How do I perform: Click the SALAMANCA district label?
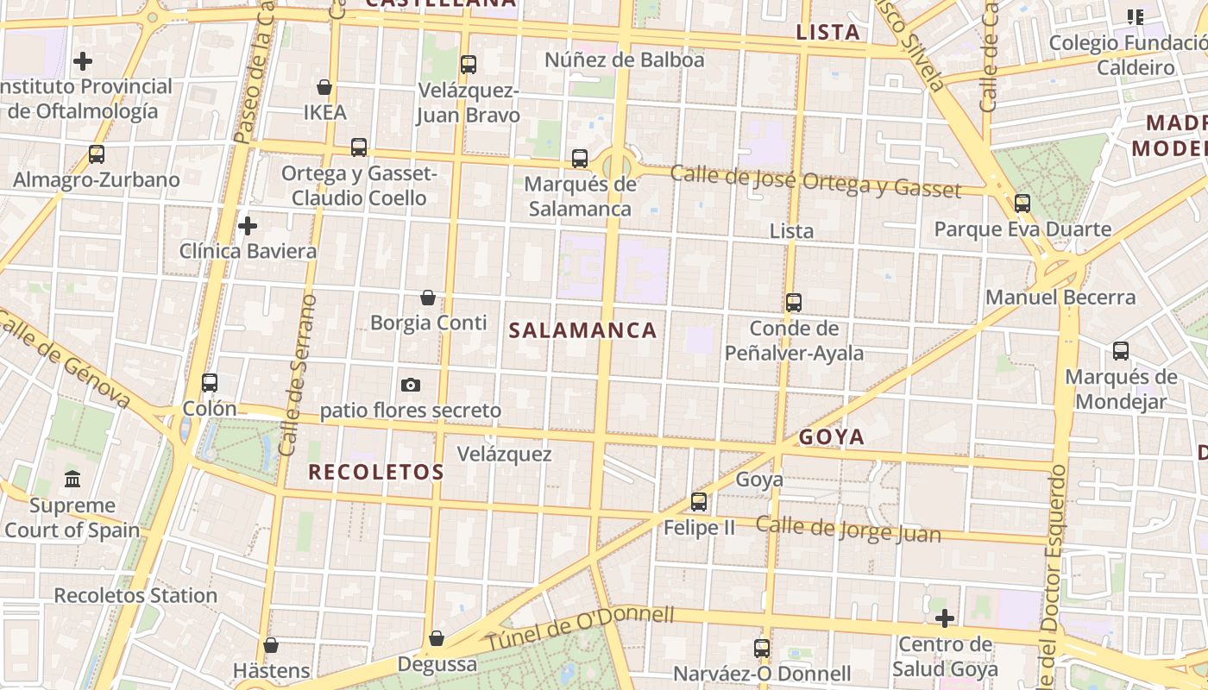(582, 330)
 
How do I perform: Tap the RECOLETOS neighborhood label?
(376, 472)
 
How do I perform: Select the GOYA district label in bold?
(831, 436)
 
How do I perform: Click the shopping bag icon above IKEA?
(324, 87)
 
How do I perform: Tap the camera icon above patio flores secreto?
(411, 385)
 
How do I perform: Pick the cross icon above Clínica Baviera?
(248, 226)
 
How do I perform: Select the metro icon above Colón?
(210, 383)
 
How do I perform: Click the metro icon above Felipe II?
(699, 501)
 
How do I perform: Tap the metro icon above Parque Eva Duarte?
(1022, 204)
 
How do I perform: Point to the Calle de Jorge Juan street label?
(848, 529)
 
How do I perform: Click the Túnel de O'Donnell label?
(579, 629)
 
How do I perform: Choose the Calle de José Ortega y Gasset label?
(815, 181)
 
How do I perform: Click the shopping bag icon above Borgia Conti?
(428, 298)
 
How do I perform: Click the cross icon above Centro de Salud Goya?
(945, 618)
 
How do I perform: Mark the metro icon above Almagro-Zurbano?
(97, 154)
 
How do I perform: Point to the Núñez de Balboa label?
(625, 60)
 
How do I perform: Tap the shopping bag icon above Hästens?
(271, 645)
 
